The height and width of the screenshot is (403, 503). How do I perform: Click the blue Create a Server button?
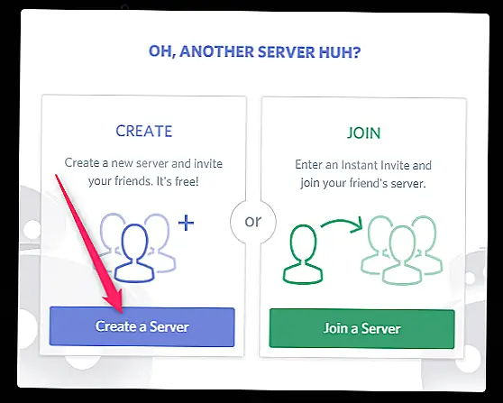(142, 326)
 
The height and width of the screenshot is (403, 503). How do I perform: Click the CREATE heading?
(144, 131)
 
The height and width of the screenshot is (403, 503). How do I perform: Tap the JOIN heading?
(364, 133)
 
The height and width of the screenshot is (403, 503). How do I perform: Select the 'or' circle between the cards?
(253, 222)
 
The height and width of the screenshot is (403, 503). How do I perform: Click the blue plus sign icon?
(186, 223)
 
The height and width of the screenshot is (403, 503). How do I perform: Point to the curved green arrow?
(343, 224)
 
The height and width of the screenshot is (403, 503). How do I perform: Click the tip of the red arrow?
(123, 313)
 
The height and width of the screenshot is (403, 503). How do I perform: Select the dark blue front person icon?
(134, 253)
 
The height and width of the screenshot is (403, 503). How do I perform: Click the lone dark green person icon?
(303, 254)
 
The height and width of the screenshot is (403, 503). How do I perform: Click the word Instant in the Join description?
(359, 165)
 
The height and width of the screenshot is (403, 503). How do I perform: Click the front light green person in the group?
(402, 255)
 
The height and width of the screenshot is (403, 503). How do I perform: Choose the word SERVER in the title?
(287, 51)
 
